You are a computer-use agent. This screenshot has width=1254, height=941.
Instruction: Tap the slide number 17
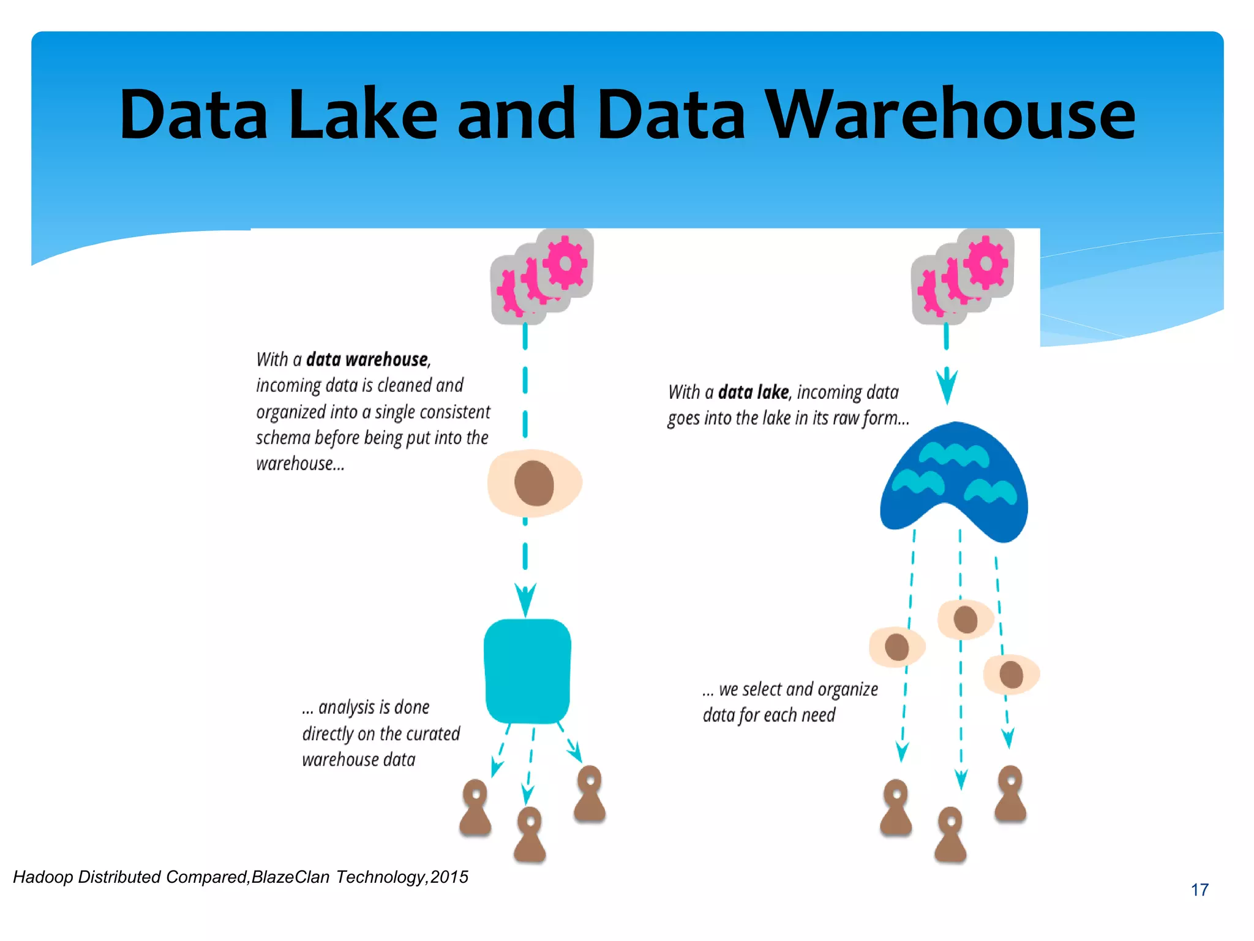(x=1200, y=890)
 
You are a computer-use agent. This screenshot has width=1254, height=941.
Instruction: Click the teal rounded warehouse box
(x=527, y=671)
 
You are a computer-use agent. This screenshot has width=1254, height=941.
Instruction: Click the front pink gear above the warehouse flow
(x=565, y=263)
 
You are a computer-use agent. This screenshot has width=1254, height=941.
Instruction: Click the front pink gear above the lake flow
(x=985, y=263)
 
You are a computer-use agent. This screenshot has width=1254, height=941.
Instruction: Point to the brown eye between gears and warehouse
(x=535, y=483)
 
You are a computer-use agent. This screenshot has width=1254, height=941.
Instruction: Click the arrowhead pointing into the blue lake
(x=947, y=386)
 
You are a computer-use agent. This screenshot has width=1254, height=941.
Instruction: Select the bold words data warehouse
(x=367, y=359)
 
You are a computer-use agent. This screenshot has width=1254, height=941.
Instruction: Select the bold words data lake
(x=753, y=392)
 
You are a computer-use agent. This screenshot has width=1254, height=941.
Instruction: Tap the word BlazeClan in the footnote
(x=290, y=877)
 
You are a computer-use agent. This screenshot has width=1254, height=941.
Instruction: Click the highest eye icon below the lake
(x=965, y=619)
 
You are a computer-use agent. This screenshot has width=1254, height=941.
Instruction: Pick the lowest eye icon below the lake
(x=1011, y=675)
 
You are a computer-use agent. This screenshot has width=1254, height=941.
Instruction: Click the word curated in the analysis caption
(x=432, y=733)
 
